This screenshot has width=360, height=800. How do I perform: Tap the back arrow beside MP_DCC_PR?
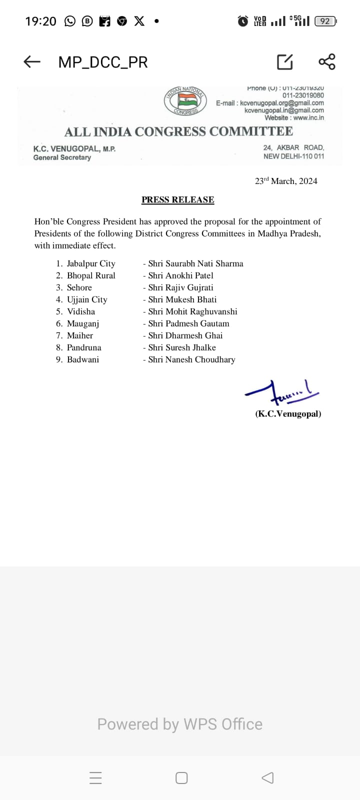tap(32, 62)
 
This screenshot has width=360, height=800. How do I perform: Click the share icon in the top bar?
tap(327, 61)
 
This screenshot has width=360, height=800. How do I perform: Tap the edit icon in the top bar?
tap(285, 62)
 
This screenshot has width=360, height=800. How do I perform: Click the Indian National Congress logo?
tap(185, 101)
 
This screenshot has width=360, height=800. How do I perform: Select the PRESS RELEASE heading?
tap(177, 199)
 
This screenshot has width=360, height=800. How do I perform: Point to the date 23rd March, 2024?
tap(286, 181)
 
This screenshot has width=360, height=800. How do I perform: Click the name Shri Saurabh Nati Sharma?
tap(195, 263)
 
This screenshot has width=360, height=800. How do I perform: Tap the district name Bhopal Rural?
tap(91, 275)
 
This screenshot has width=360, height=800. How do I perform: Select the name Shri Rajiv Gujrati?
tap(180, 287)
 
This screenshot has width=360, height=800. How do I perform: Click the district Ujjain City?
tap(87, 299)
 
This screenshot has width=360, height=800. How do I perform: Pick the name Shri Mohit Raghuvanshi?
tap(192, 311)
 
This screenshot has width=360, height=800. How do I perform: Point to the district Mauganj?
tap(83, 323)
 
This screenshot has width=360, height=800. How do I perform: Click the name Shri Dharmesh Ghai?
tap(185, 335)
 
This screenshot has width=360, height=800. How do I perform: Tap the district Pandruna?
tap(84, 347)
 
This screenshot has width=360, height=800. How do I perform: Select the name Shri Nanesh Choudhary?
tap(191, 359)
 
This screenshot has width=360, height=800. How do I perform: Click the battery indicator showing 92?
tap(325, 21)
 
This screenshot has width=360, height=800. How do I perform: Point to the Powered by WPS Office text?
tap(180, 724)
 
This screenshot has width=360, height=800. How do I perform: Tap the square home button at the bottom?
tap(181, 778)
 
